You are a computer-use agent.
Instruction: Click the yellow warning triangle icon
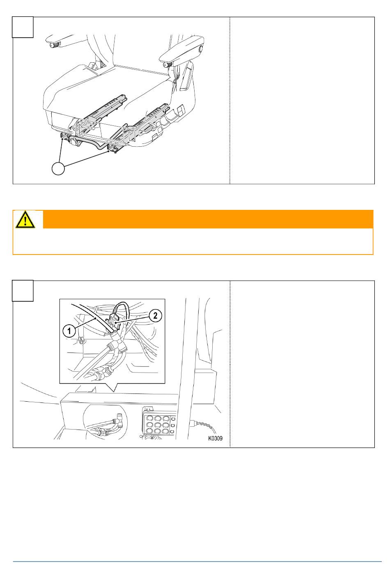click(x=25, y=219)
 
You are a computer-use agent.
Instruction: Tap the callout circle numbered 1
click(x=69, y=331)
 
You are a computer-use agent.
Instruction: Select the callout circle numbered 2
click(x=155, y=316)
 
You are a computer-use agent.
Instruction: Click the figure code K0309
click(x=215, y=438)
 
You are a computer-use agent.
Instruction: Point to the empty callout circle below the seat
click(x=58, y=168)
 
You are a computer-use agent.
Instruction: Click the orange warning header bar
click(x=208, y=219)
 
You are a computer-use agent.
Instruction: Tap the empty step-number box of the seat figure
click(x=23, y=27)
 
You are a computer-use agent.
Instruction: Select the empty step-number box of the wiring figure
click(x=23, y=291)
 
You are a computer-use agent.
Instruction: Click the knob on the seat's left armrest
click(x=54, y=45)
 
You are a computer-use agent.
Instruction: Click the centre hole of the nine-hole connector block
click(x=158, y=425)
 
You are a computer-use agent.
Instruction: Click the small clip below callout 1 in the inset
click(x=81, y=341)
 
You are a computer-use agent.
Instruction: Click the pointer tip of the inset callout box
click(x=113, y=391)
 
